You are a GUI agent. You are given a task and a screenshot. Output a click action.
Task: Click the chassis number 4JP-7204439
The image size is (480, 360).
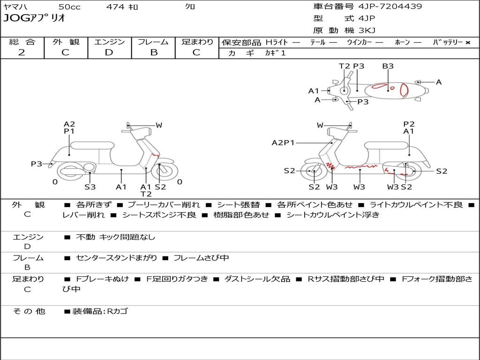tap(390, 7)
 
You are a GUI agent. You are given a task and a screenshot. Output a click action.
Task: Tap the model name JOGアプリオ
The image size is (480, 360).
tap(34, 18)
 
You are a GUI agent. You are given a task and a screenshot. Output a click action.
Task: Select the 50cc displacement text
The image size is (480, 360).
tap(69, 7)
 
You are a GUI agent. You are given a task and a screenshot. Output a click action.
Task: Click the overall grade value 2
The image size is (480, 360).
tap(22, 52)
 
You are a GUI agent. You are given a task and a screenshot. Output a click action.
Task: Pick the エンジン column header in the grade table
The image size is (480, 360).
tap(109, 42)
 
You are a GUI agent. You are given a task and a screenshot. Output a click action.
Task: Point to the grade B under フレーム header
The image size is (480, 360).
tap(153, 52)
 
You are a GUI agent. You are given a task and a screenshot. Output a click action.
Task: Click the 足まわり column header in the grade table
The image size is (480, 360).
tap(197, 42)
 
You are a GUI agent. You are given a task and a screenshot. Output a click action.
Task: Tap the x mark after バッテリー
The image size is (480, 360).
tap(467, 43)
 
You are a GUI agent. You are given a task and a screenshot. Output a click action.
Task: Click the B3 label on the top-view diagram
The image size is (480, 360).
tap(388, 67)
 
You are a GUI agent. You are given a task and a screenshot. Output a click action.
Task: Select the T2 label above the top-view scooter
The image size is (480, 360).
tap(345, 67)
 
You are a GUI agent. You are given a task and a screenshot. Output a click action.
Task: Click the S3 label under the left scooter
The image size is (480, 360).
tap(90, 187)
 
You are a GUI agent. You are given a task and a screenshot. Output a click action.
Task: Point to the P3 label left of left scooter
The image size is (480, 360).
tap(37, 164)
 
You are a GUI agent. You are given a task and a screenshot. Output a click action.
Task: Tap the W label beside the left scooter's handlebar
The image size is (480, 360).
tap(159, 125)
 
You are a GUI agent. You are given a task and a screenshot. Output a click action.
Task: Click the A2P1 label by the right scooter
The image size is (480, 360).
tap(283, 143)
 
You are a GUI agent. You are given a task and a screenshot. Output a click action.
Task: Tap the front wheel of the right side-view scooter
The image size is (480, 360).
tap(314, 172)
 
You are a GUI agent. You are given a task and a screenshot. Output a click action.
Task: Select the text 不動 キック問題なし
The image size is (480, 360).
tap(115, 237)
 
